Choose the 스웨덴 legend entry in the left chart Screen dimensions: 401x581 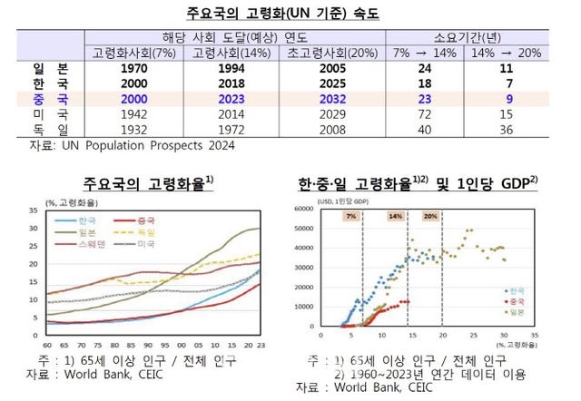click(x=89, y=245)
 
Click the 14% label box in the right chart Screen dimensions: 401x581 click(x=396, y=217)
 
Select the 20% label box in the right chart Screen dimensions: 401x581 click(x=430, y=217)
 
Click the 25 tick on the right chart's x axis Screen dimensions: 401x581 click(x=474, y=335)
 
